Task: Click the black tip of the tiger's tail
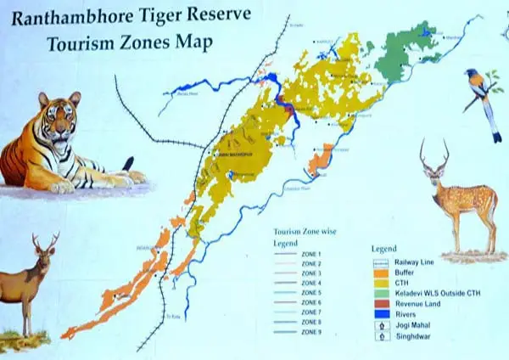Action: (x=128, y=163)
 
